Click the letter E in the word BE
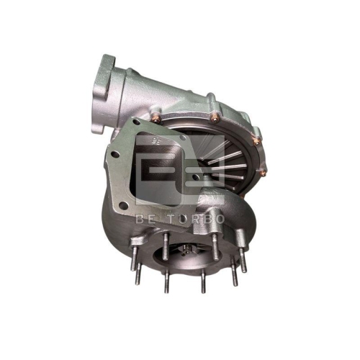(148, 217)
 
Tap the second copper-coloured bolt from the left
(214, 112)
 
